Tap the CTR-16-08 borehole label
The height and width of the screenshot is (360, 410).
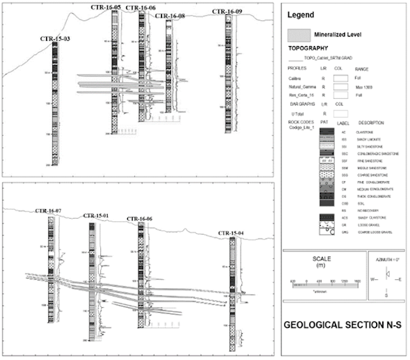(x=169, y=15)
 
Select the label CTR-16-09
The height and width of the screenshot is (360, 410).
(x=227, y=11)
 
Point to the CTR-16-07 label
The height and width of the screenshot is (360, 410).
(x=49, y=210)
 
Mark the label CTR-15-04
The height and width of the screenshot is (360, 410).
(x=233, y=233)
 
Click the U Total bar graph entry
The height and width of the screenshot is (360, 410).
(x=296, y=112)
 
